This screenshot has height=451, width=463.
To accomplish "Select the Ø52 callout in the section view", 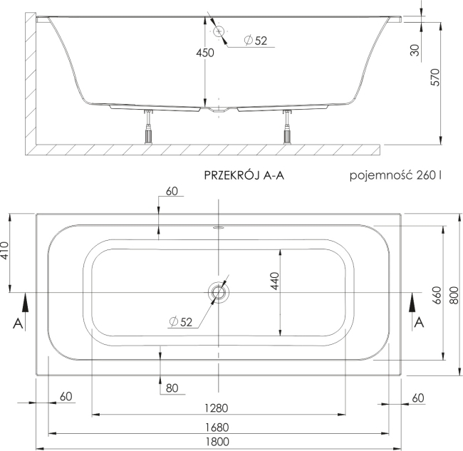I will click(254, 41).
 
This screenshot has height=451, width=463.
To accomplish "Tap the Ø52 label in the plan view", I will click(182, 322).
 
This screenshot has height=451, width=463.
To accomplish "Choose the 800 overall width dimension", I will click(452, 294).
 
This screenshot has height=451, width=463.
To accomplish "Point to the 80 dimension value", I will click(172, 388).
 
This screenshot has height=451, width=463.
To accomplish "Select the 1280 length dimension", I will click(219, 408).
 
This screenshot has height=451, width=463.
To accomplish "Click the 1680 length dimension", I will click(219, 427).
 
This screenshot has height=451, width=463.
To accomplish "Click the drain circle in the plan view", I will click(219, 292).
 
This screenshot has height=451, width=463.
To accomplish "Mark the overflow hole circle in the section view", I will click(219, 31).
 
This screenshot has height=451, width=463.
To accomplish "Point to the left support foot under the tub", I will click(150, 128).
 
